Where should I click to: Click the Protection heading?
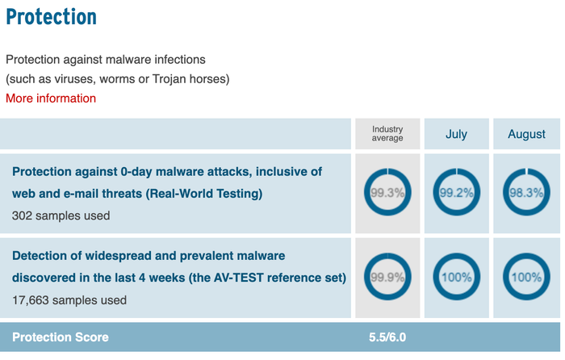click(51, 17)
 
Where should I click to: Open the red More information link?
click(51, 98)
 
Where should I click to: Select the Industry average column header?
click(387, 134)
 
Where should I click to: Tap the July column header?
click(456, 134)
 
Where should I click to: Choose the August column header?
click(526, 134)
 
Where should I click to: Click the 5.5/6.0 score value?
click(387, 337)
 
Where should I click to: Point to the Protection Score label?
click(61, 337)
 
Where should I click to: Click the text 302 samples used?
click(61, 216)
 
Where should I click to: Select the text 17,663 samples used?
click(69, 300)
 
